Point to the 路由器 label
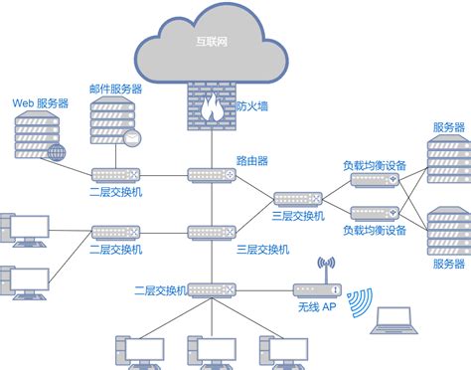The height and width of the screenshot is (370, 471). (x=251, y=159)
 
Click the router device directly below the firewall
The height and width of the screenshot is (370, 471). (x=210, y=176)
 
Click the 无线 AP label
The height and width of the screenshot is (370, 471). (x=317, y=309)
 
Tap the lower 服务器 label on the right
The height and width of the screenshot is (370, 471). (x=448, y=264)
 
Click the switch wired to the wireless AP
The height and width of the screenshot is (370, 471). (x=210, y=289)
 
